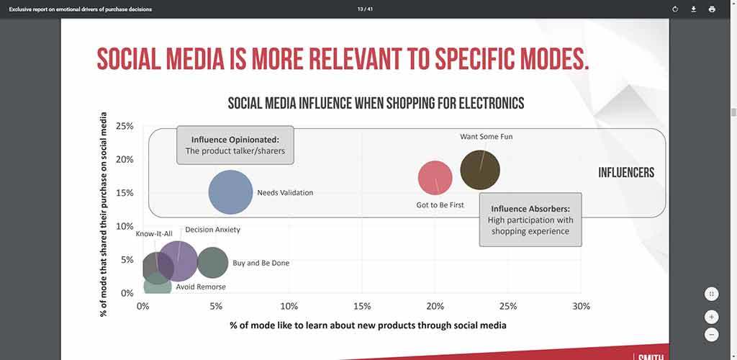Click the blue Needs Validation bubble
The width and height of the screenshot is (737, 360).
pyautogui.click(x=230, y=192)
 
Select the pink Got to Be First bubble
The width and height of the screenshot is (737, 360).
pyautogui.click(x=435, y=178)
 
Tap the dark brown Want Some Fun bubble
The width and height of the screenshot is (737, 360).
pyautogui.click(x=480, y=170)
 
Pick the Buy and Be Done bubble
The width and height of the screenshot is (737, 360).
pyautogui.click(x=212, y=263)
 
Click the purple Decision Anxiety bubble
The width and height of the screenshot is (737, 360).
pyautogui.click(x=178, y=261)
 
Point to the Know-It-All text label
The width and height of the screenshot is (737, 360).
pyautogui.click(x=154, y=234)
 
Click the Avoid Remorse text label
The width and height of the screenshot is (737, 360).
pyautogui.click(x=201, y=287)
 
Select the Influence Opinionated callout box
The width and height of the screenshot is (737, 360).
pyautogui.click(x=235, y=145)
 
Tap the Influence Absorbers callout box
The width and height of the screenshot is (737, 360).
pyautogui.click(x=530, y=220)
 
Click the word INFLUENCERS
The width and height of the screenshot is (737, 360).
pyautogui.click(x=626, y=173)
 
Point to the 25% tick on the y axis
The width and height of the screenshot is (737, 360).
pyautogui.click(x=125, y=126)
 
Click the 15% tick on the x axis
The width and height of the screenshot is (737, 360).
pyautogui.click(x=362, y=307)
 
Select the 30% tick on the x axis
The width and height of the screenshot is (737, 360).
pyautogui.click(x=581, y=307)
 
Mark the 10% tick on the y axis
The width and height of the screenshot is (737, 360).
pyautogui.click(x=125, y=226)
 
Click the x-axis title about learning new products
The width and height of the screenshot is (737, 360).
pyautogui.click(x=368, y=325)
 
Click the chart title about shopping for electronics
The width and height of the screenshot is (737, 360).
pyautogui.click(x=376, y=103)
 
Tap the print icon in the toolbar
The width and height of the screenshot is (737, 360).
pyautogui.click(x=712, y=9)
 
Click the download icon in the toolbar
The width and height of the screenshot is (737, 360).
pyautogui.click(x=693, y=9)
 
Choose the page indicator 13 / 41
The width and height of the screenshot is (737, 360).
pyautogui.click(x=365, y=9)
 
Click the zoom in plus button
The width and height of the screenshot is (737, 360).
pyautogui.click(x=711, y=318)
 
